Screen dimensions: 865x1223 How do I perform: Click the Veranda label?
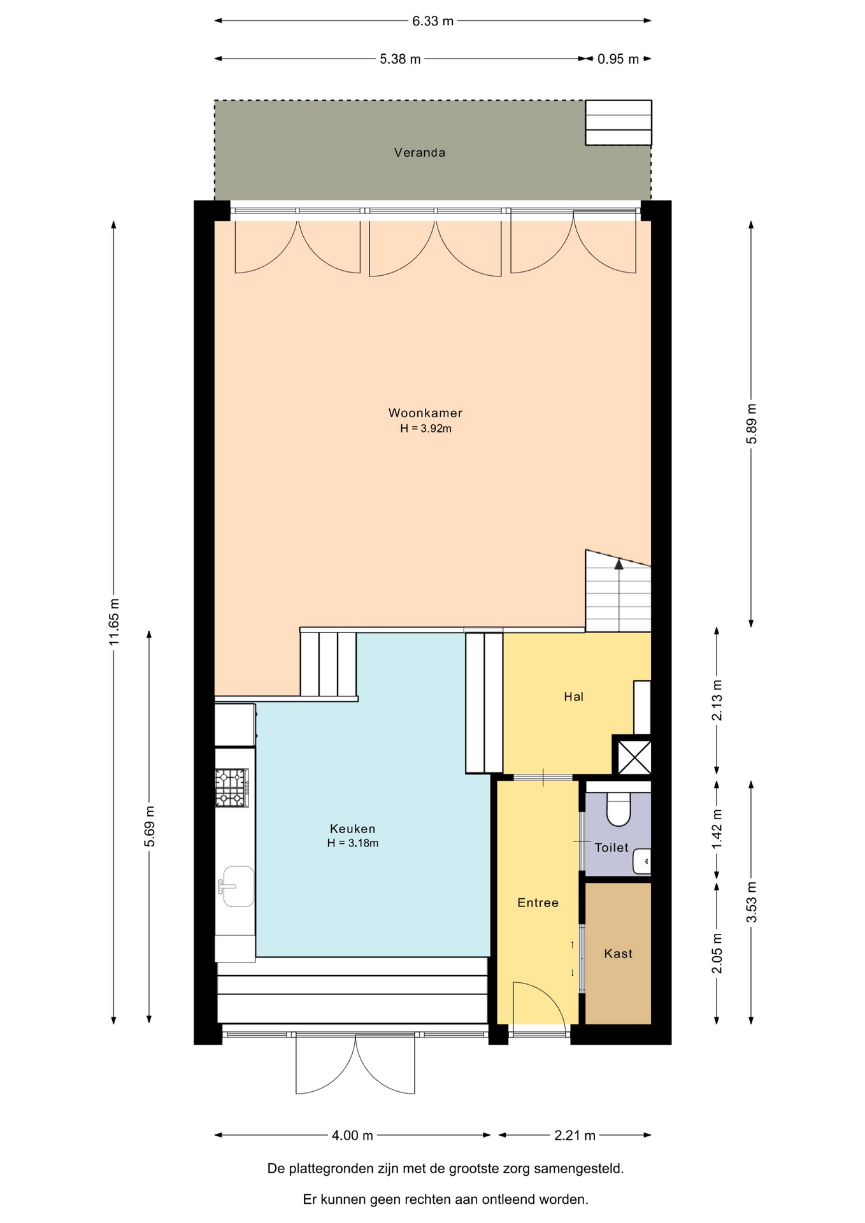[x=419, y=152]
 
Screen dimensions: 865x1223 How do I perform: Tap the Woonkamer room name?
[x=425, y=413]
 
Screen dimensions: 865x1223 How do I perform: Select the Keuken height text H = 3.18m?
[x=353, y=843]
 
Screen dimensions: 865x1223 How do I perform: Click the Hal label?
[x=573, y=696]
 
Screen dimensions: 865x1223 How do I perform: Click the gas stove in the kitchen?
[x=232, y=788]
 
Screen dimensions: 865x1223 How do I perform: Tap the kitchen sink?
[x=237, y=886]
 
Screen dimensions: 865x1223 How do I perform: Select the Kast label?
[x=618, y=954]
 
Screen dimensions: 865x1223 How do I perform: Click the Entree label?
[x=538, y=903]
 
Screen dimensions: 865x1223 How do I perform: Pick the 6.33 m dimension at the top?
[x=432, y=21]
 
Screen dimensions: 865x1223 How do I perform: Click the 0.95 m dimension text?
[x=618, y=59]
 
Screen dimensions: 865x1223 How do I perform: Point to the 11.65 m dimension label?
[x=114, y=622]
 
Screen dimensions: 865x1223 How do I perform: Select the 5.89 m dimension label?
[x=752, y=424]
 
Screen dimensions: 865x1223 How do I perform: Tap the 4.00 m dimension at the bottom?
[x=352, y=1135]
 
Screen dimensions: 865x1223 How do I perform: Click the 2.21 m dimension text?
[x=575, y=1135]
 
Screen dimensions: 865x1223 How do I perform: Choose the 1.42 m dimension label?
[x=717, y=829]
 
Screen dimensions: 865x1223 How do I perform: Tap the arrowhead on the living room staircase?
[x=618, y=564]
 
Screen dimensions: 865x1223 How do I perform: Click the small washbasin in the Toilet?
[x=642, y=861]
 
